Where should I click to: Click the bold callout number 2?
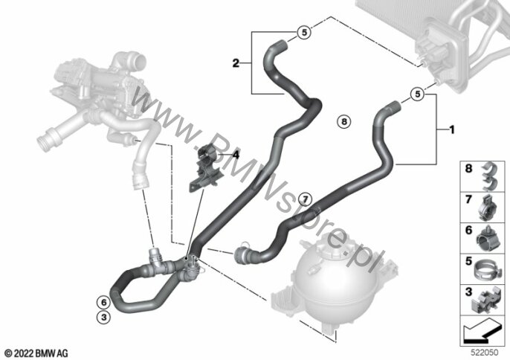tap(236, 64)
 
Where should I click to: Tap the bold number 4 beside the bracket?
tap(236, 155)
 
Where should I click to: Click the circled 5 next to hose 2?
tap(303, 32)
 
